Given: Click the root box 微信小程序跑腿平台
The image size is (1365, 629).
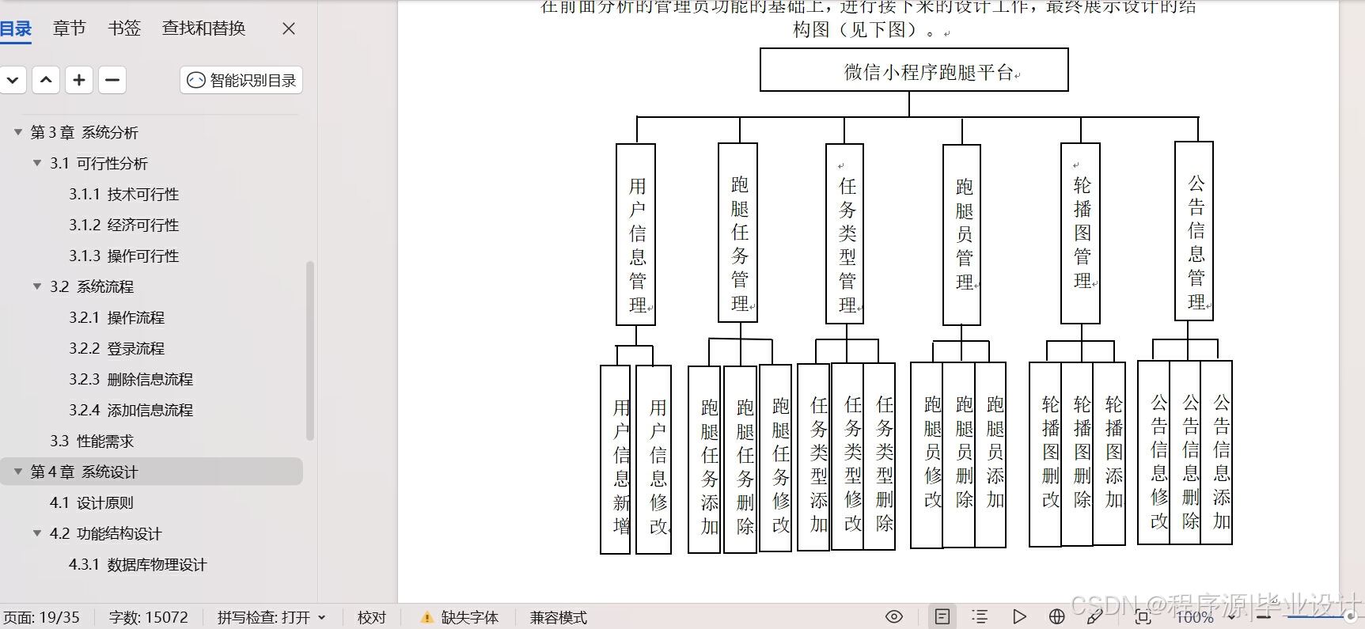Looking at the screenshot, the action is click(914, 70).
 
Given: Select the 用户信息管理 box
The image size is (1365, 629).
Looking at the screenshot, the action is click(636, 234).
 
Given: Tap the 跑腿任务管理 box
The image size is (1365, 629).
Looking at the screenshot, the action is click(738, 233).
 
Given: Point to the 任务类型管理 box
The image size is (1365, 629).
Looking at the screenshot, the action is click(845, 234).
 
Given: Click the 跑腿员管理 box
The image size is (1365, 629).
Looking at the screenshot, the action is click(962, 235).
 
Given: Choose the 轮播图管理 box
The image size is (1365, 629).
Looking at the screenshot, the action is click(1081, 233).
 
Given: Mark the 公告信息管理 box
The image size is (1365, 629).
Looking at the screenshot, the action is click(1194, 232).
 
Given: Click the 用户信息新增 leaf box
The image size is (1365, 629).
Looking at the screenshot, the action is click(616, 460).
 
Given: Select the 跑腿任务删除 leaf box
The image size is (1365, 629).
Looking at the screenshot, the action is click(741, 460).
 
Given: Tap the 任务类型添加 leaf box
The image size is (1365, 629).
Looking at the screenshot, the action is click(814, 457).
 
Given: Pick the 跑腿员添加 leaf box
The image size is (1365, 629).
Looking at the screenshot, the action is click(991, 455).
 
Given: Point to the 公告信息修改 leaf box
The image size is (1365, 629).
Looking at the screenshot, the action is click(1154, 453).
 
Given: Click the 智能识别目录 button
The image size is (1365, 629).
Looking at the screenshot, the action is click(241, 80).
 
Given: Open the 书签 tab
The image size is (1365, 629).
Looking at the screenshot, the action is click(124, 28).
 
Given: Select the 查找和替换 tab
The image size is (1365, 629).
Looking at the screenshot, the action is click(203, 28).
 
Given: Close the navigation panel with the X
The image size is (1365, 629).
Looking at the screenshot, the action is click(289, 28).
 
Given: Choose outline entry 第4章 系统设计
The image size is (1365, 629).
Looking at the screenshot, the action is click(84, 472).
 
